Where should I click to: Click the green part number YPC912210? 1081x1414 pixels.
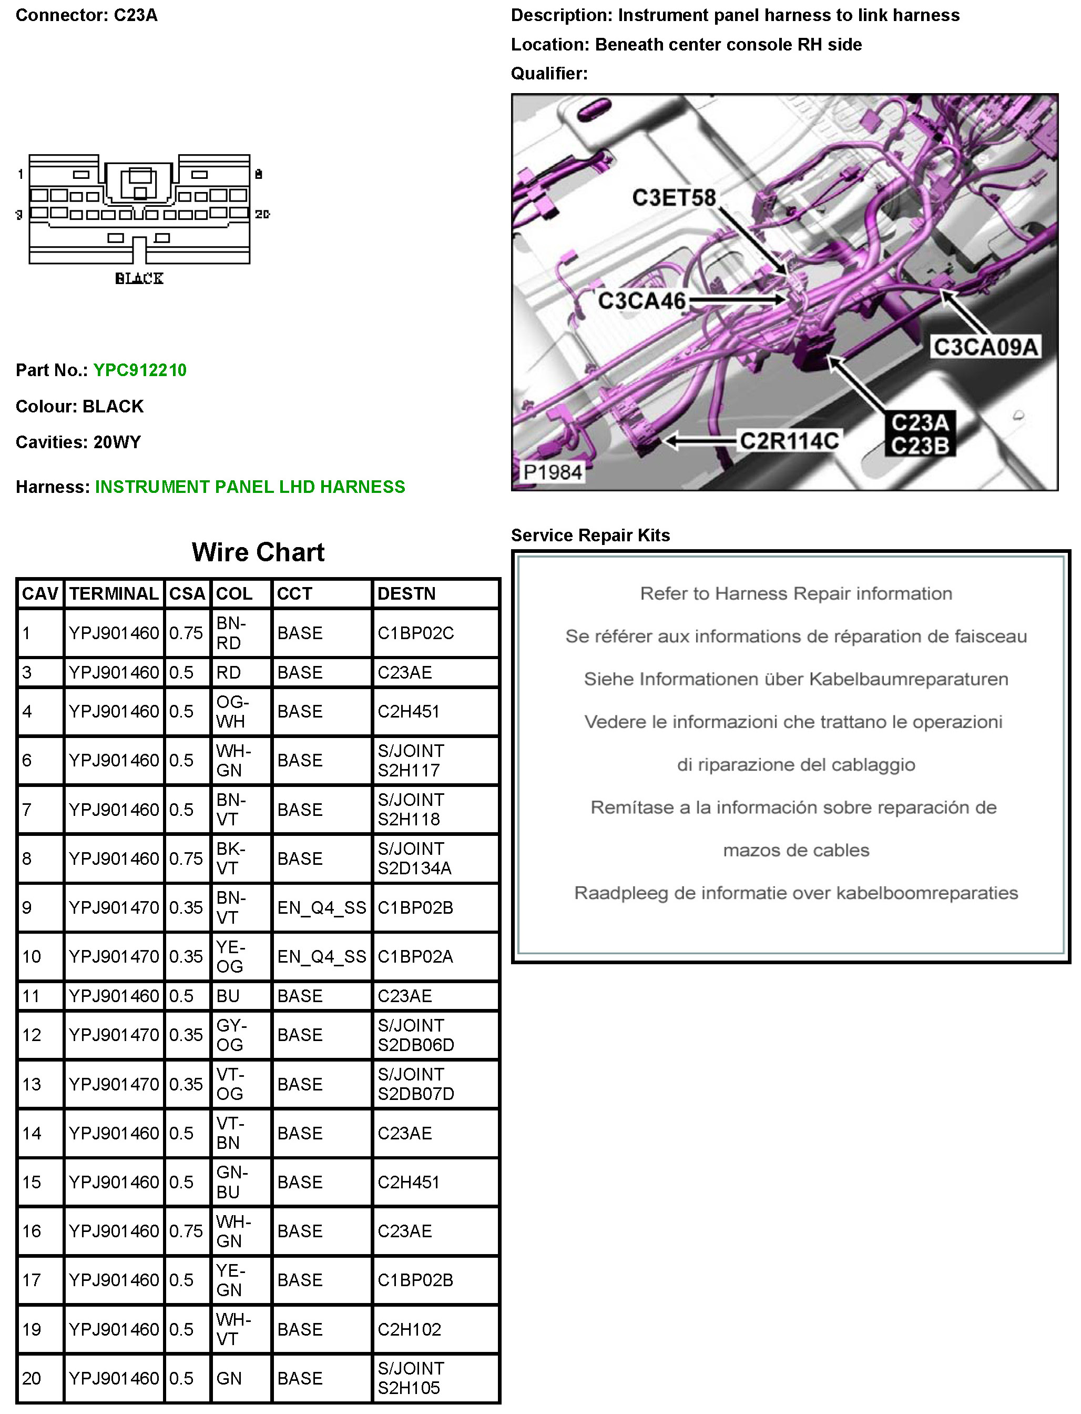140,370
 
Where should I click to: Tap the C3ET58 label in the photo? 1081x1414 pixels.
673,198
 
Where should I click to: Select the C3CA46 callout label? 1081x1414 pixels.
641,300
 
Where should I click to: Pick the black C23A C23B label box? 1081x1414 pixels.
920,434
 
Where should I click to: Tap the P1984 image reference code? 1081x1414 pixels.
552,472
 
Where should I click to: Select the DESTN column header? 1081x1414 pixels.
406,593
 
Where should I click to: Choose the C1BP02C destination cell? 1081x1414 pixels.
416,633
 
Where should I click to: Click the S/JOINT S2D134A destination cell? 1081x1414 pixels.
414,858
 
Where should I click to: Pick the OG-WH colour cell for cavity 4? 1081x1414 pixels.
232,711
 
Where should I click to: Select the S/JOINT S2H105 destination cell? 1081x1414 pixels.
411,1378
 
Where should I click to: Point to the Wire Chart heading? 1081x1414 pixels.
258,552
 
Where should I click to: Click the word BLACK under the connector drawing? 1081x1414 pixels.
139,279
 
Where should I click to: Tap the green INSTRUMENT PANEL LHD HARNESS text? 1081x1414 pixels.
250,487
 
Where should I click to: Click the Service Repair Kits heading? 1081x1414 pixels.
590,535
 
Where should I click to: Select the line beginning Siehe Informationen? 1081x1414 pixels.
796,679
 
